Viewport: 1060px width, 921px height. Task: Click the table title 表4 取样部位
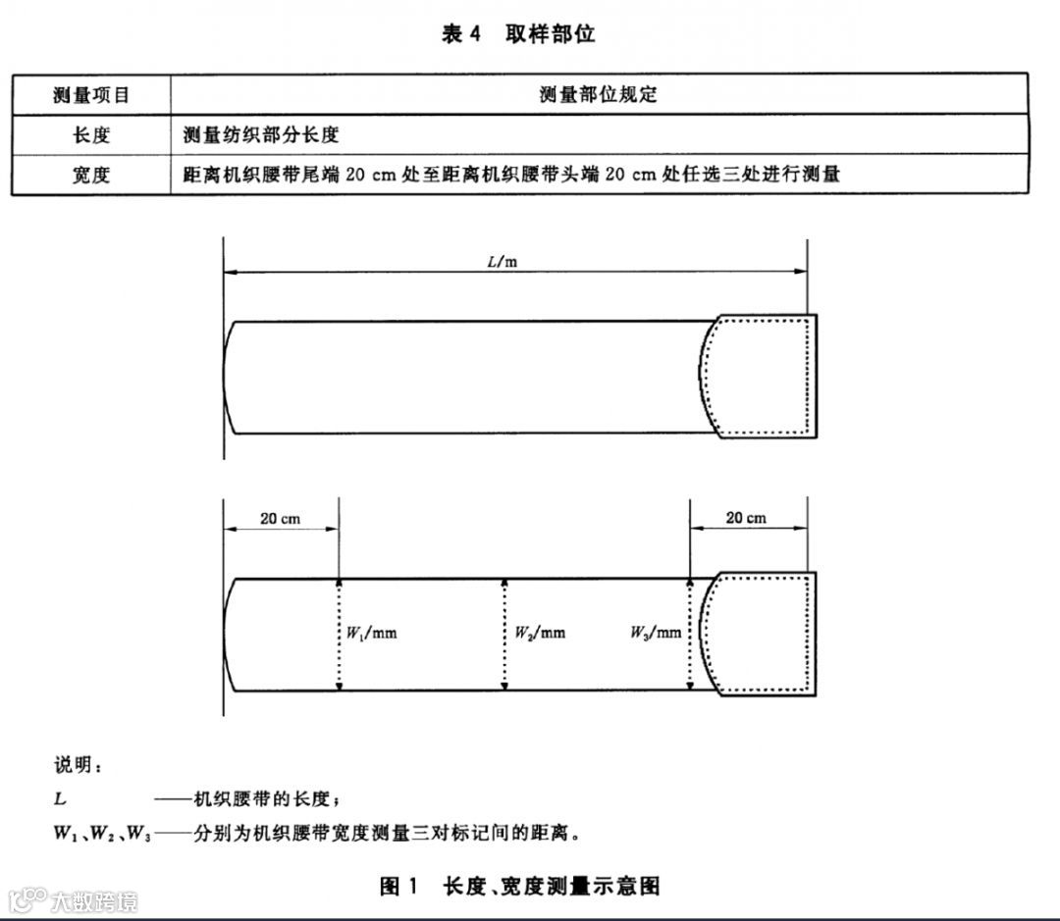(518, 34)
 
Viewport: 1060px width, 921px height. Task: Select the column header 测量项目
(91, 95)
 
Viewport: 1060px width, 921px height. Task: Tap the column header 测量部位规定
(598, 95)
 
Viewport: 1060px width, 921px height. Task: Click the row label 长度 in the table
(91, 134)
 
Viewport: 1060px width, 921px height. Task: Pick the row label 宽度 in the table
(91, 175)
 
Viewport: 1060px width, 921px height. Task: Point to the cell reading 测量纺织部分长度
(262, 134)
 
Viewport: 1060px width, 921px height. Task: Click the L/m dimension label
(503, 262)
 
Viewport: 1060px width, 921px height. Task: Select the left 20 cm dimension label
(281, 519)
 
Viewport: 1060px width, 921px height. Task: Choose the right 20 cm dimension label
(746, 518)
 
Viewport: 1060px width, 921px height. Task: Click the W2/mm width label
(540, 633)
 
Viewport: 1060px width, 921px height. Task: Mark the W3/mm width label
(656, 633)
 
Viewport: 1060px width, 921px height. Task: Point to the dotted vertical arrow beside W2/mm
(505, 634)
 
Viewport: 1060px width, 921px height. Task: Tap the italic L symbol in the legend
(60, 799)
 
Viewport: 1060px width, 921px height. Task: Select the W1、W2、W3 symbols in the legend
(102, 835)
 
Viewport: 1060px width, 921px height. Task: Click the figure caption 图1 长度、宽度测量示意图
(520, 887)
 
